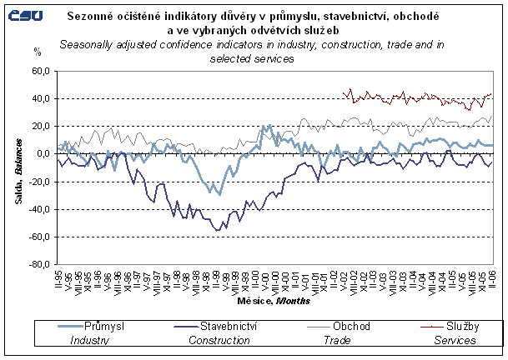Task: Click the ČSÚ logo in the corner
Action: point(25,15)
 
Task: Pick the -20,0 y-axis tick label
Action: point(39,182)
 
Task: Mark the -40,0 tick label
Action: point(39,209)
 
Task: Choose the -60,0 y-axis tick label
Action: point(39,237)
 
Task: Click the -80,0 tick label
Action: point(39,265)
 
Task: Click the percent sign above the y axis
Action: point(37,52)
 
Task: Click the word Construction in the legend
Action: point(221,340)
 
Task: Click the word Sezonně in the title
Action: point(98,17)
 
